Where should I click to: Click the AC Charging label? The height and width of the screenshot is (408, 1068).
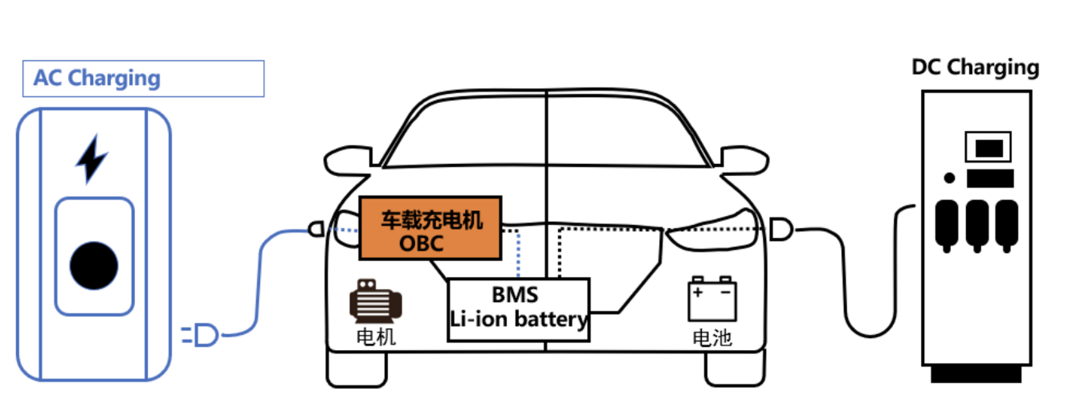pos(97,78)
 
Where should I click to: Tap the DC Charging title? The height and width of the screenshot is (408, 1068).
pos(975,67)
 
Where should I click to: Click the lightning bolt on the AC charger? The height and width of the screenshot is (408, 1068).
pos(91,159)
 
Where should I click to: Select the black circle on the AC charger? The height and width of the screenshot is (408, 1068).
pos(94,265)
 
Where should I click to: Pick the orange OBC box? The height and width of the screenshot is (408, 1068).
pos(430,228)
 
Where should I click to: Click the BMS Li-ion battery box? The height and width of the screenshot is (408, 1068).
pos(518,309)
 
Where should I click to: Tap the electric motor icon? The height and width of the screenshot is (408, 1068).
pos(375,301)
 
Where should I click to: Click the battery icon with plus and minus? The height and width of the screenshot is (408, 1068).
pos(712,299)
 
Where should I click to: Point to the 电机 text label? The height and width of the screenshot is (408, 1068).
pos(376,337)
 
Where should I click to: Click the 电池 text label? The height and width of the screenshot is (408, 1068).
pos(712,338)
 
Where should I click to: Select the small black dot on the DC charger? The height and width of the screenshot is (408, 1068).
pos(949,178)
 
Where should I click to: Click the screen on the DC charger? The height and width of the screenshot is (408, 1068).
pos(988,148)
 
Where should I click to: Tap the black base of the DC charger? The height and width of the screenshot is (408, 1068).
pos(976,374)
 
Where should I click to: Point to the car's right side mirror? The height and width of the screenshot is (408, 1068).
pos(745,160)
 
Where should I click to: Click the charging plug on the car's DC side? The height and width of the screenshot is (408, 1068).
pos(780,229)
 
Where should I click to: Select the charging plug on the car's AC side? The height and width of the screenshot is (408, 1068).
pos(316,229)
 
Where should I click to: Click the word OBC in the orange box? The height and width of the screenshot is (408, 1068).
pos(421,244)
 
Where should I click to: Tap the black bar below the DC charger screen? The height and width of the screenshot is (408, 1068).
pos(990,179)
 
